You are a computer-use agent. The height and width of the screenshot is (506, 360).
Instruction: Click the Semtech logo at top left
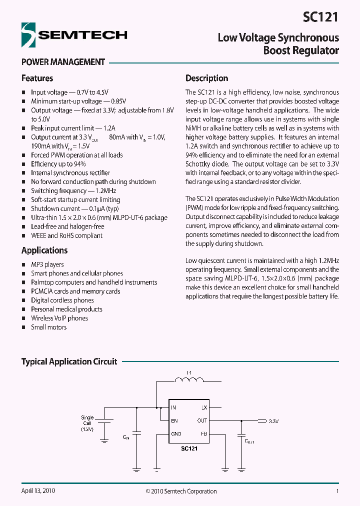(74, 34)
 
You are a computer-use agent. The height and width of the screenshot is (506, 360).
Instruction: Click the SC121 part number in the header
(320, 17)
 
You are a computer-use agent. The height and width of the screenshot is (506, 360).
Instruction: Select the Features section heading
(37, 78)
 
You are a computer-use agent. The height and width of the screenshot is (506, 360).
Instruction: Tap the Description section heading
(206, 78)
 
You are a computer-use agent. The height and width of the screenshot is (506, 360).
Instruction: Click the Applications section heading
(44, 250)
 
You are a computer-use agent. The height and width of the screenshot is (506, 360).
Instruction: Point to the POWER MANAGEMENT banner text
(63, 62)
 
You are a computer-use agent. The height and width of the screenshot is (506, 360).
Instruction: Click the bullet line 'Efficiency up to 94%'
(58, 164)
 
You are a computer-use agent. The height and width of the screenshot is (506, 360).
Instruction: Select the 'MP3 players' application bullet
(47, 264)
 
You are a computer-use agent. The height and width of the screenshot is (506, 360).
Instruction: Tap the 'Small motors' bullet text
(48, 327)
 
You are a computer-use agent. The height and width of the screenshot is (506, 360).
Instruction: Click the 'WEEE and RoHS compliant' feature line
(66, 235)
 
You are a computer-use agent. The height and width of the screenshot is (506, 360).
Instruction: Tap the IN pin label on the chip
(173, 407)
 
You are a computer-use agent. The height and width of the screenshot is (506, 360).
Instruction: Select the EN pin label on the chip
(174, 420)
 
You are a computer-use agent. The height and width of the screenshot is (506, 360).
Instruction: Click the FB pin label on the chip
(203, 434)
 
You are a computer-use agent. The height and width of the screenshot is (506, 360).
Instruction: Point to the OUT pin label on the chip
(202, 420)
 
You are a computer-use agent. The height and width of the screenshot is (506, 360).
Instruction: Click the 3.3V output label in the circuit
(273, 421)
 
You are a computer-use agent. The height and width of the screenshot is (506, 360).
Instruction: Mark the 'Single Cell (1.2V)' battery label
(87, 423)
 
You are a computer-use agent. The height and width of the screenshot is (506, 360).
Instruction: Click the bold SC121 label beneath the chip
(189, 449)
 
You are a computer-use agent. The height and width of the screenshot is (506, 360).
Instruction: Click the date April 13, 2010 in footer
(38, 491)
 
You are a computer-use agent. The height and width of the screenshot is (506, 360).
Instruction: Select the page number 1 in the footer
(337, 491)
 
